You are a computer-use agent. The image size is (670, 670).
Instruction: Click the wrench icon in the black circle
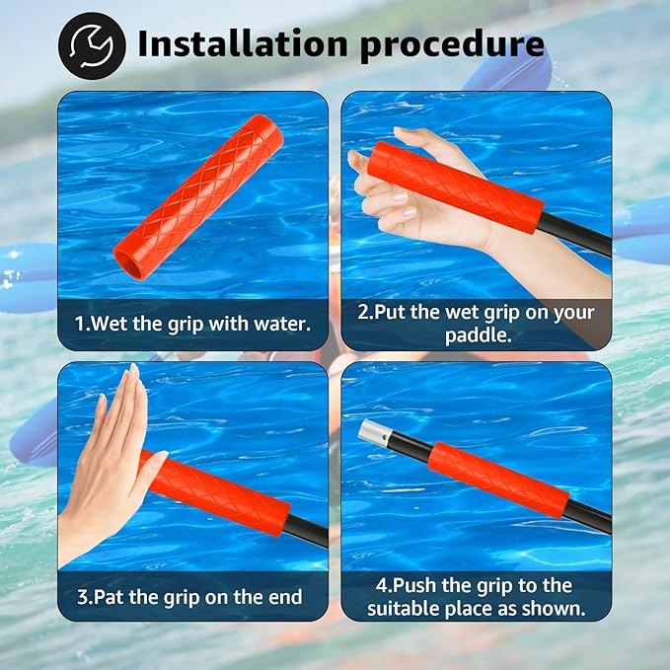click(x=92, y=44)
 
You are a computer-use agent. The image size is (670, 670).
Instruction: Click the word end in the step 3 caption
click(x=281, y=597)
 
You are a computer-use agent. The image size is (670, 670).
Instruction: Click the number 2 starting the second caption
click(x=363, y=312)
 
